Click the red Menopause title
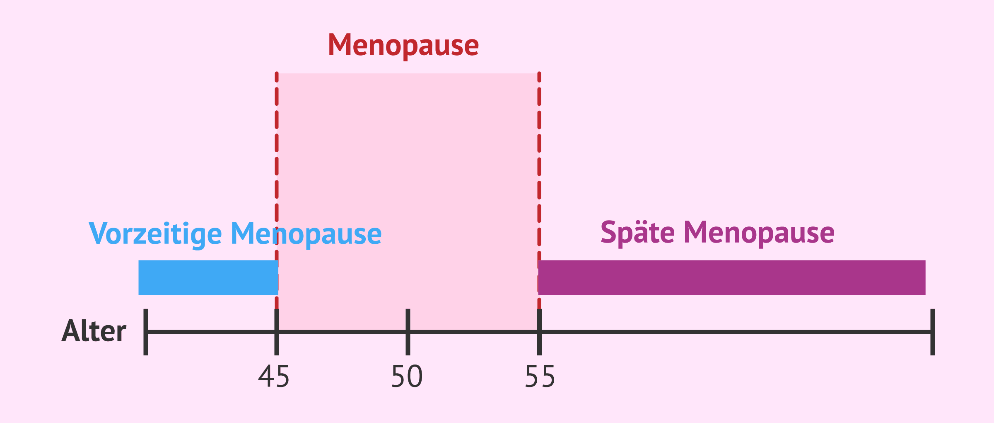pyautogui.click(x=403, y=46)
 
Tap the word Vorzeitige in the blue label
pyautogui.click(x=155, y=234)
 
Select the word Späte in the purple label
pyautogui.click(x=638, y=233)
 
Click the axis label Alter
pyautogui.click(x=94, y=331)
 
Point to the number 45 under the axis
pyautogui.click(x=274, y=377)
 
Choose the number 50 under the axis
pyautogui.click(x=407, y=377)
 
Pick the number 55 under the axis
pyautogui.click(x=540, y=377)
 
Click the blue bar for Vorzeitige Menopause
pyautogui.click(x=208, y=277)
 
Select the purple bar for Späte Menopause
pyautogui.click(x=732, y=277)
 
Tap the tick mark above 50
pyautogui.click(x=408, y=332)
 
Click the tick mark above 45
pyautogui.click(x=277, y=332)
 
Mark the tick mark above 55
pyautogui.click(x=539, y=332)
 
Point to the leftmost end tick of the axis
pyautogui.click(x=146, y=332)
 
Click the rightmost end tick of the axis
pyautogui.click(x=933, y=332)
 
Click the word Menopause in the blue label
pyautogui.click(x=306, y=234)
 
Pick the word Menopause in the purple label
pyautogui.click(x=759, y=233)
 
